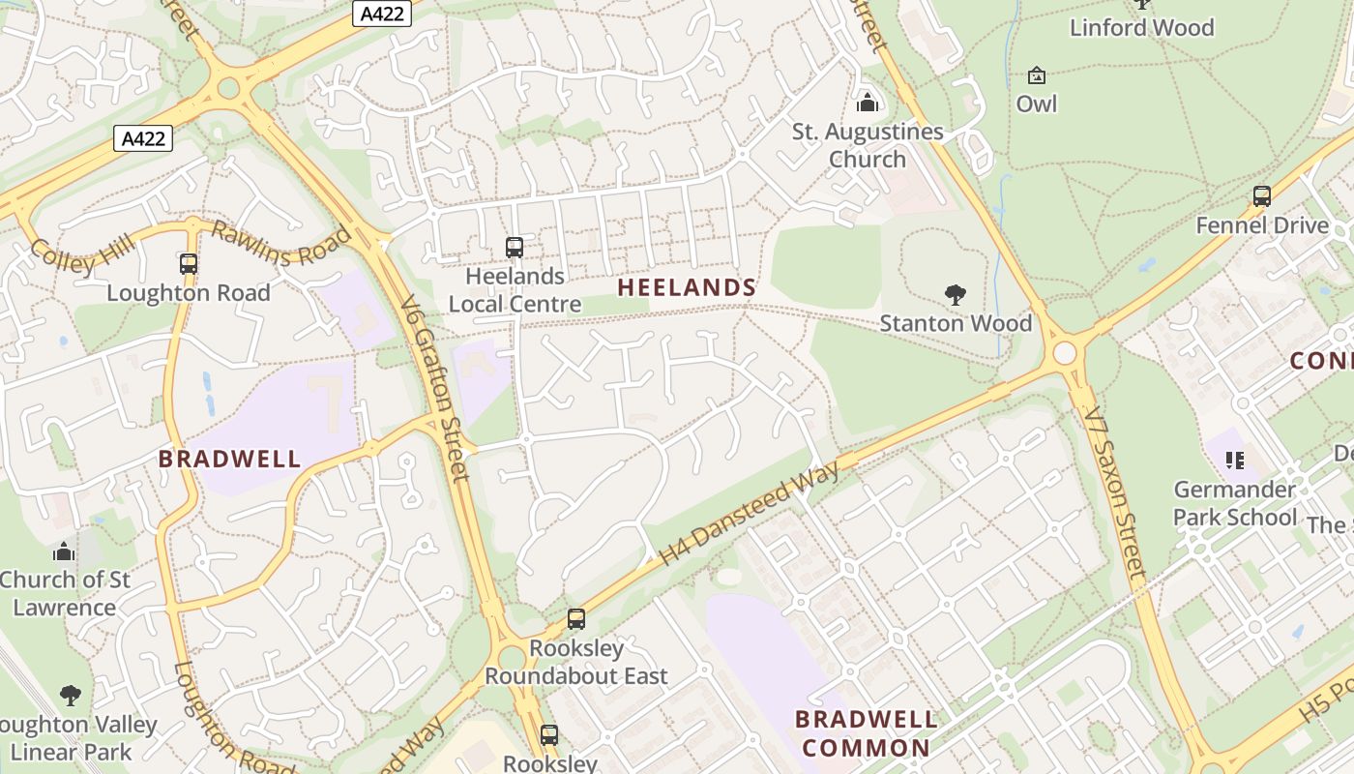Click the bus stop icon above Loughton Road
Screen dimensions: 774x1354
click(189, 263)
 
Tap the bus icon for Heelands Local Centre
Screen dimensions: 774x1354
click(515, 248)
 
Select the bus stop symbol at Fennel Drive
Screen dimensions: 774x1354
click(1261, 196)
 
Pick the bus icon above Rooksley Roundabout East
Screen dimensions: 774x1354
click(576, 619)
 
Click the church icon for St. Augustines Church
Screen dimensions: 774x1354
click(868, 102)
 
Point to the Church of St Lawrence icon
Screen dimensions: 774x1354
click(64, 551)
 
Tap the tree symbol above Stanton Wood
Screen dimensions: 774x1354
click(956, 295)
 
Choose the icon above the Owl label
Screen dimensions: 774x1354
click(1037, 75)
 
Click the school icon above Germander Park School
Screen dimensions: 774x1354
click(1234, 460)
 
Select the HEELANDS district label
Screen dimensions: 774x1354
click(687, 287)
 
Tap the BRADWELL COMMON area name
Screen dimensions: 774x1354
click(866, 733)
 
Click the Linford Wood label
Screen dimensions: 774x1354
click(1141, 27)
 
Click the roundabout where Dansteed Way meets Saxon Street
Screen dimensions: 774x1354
click(1065, 352)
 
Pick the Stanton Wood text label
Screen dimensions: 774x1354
click(956, 323)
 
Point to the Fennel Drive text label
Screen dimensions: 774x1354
click(1262, 225)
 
